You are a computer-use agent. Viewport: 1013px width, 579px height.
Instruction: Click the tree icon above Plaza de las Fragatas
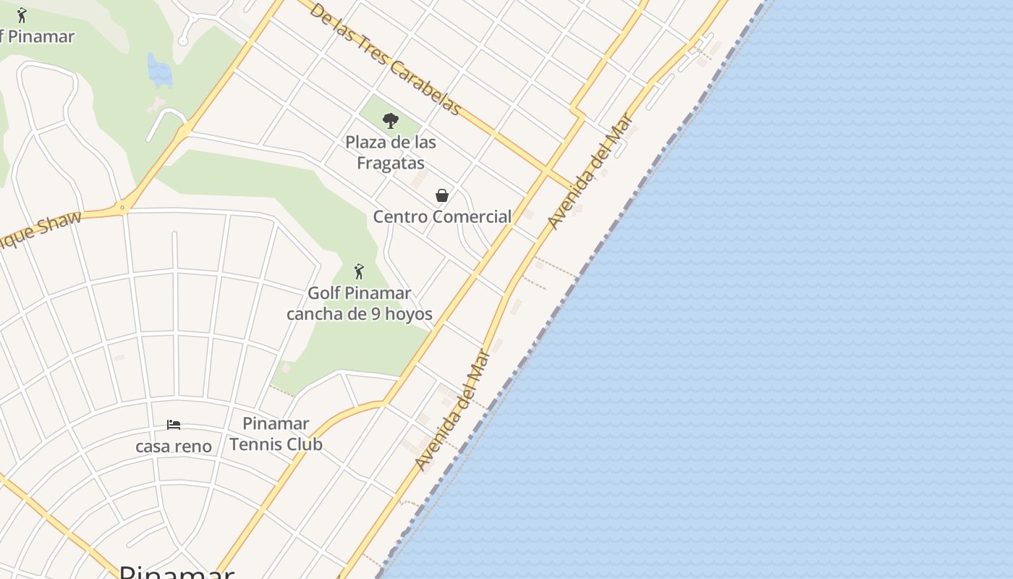[x=391, y=120]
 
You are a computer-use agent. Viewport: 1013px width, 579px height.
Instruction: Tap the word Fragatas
[x=391, y=164]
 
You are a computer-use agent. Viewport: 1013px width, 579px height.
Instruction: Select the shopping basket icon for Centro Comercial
[x=442, y=195]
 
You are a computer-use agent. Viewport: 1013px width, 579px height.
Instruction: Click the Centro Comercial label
[x=442, y=216]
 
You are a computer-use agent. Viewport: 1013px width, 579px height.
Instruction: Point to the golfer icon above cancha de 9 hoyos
[x=359, y=272]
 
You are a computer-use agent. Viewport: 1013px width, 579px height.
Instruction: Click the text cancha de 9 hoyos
[x=360, y=314]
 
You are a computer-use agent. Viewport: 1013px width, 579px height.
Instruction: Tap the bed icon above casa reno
[x=174, y=425]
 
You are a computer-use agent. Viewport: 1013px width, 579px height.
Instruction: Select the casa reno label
[x=174, y=446]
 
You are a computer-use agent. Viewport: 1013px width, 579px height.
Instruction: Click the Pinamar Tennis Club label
[x=276, y=434]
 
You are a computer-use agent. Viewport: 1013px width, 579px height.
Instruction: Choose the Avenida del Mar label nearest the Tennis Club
[x=454, y=410]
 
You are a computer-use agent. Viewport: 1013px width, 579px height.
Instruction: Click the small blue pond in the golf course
[x=159, y=70]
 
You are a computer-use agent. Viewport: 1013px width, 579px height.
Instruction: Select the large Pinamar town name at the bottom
[x=177, y=572]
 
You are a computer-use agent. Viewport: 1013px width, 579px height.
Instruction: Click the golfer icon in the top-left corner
[x=22, y=15]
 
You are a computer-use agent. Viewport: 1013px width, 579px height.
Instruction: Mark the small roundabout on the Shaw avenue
[x=123, y=208]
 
